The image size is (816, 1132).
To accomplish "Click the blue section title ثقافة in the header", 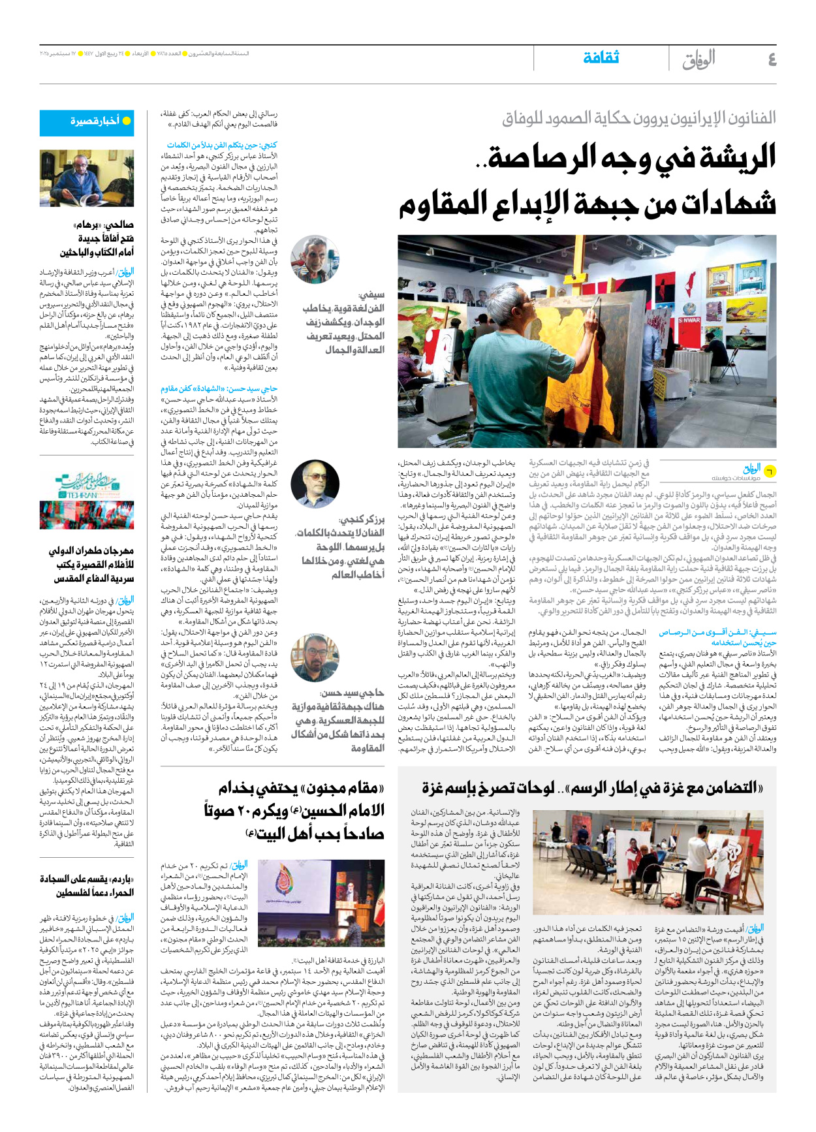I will pyautogui.click(x=601, y=58).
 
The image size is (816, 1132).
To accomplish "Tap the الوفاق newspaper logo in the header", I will pyautogui.click(x=698, y=59).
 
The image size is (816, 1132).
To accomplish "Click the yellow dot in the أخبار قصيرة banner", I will pyautogui.click(x=127, y=121).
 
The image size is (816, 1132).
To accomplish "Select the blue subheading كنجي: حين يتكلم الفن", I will pyautogui.click(x=222, y=145).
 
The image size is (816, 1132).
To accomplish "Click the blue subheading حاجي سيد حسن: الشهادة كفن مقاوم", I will pyautogui.click(x=219, y=388).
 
